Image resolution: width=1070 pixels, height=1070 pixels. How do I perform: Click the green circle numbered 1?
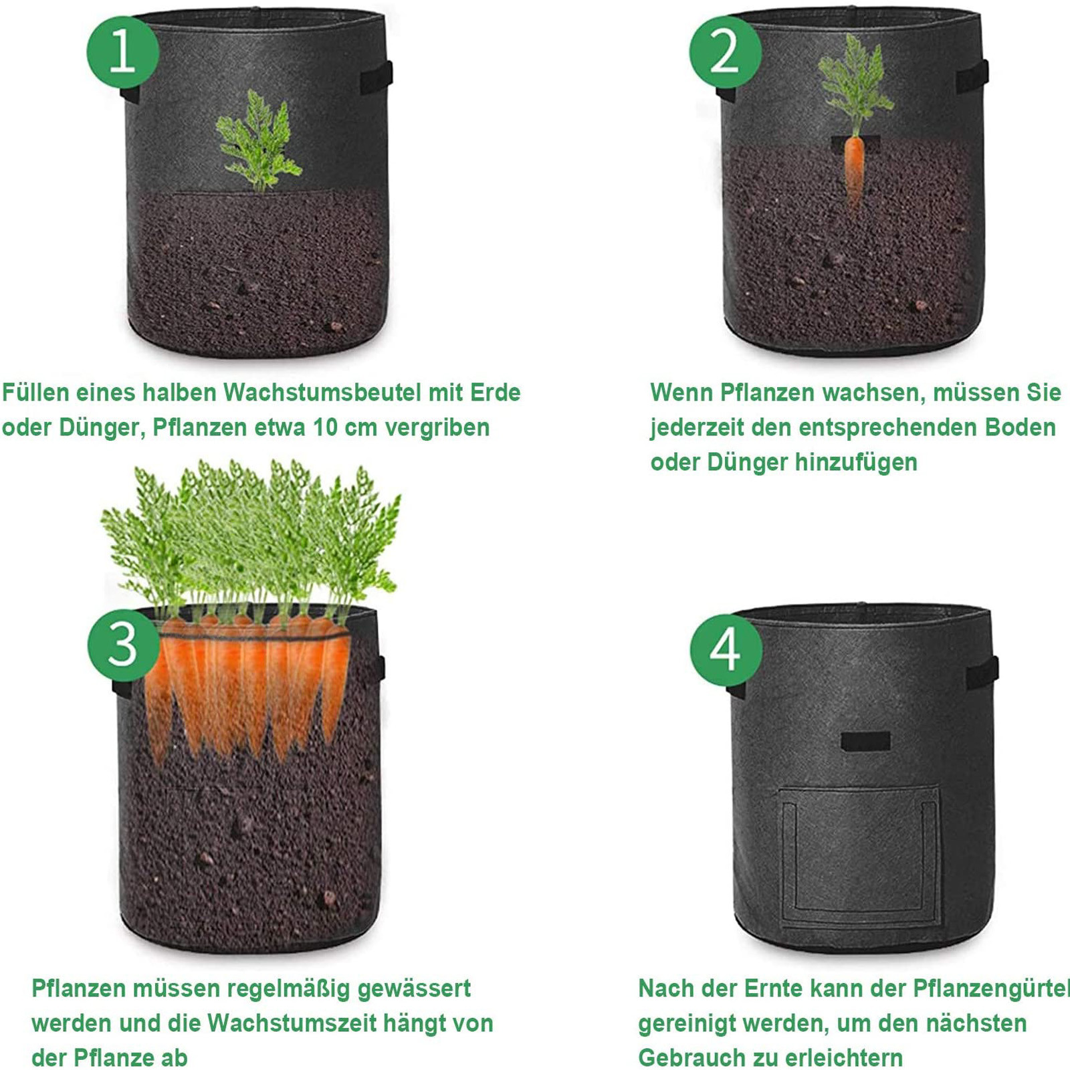123,51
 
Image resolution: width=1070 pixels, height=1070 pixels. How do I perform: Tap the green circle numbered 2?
725,51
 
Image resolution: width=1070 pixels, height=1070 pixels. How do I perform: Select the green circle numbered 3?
123,645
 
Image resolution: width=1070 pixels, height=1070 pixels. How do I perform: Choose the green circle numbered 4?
726,649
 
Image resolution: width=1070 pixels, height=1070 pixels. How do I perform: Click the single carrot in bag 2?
854,171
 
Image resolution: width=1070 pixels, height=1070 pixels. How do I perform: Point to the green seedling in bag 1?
258,141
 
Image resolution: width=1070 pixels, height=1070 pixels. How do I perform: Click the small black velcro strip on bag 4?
865,741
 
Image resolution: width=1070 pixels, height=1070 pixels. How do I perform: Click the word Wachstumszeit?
292,1023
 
